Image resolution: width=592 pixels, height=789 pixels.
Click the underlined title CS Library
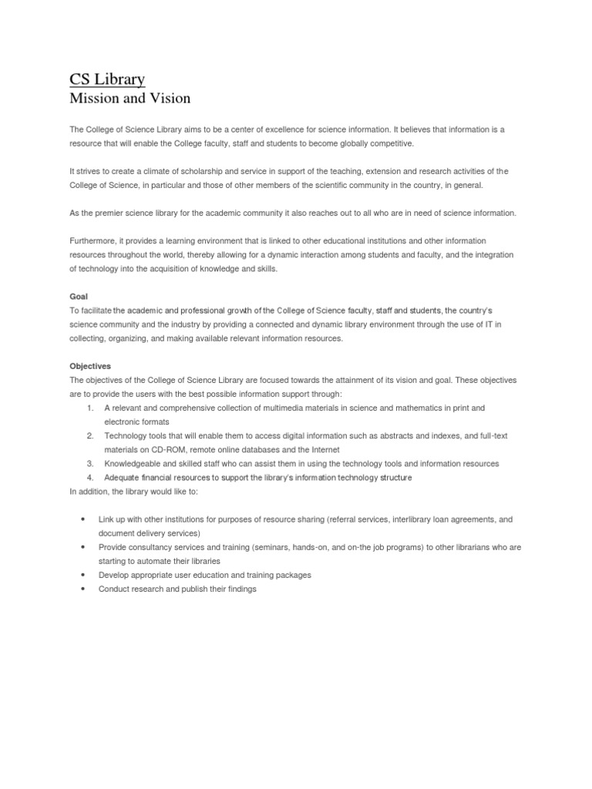[107, 79]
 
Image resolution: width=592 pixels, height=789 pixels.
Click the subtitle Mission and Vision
[129, 99]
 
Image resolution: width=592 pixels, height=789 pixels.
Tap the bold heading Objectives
[91, 366]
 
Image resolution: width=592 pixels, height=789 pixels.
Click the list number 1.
[89, 408]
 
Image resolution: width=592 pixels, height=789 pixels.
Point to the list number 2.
[89, 436]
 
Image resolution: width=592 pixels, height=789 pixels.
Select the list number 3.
[89, 464]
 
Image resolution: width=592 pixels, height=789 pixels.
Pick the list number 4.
[89, 478]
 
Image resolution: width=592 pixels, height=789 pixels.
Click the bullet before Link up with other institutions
[82, 519]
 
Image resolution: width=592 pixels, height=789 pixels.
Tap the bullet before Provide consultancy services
[82, 547]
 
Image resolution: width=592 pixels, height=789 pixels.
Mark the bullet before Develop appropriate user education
[82, 575]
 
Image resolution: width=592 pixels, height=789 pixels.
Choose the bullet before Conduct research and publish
[82, 589]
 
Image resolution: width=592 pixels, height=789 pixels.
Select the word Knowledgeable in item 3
[132, 464]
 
